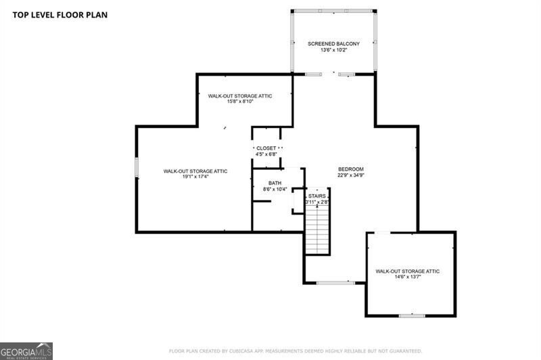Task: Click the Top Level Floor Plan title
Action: click(60, 15)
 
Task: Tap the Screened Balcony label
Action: click(333, 44)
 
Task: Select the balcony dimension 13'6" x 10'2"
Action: click(333, 50)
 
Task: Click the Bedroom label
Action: click(351, 169)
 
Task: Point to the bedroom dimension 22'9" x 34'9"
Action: click(351, 175)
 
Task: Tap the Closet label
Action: click(266, 148)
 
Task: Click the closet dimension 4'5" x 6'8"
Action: click(266, 154)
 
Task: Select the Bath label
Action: click(275, 183)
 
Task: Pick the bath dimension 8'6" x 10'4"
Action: click(275, 189)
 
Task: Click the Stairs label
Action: click(316, 196)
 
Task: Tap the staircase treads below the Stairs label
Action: click(318, 229)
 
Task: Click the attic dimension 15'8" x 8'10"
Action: click(240, 102)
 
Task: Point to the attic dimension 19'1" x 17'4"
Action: click(195, 177)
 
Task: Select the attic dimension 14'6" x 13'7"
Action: click(408, 277)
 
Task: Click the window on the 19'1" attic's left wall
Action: click(137, 167)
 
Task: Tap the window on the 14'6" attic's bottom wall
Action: click(412, 315)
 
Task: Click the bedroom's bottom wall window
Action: click(335, 283)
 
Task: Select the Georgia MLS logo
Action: click(26, 351)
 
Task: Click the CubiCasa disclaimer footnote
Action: click(296, 351)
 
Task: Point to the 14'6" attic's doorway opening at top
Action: click(382, 233)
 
